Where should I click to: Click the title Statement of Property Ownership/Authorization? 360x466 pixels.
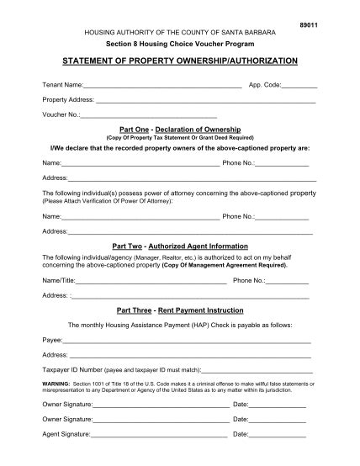179,62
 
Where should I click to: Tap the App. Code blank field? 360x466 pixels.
299,87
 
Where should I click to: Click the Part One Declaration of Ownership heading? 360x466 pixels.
181,130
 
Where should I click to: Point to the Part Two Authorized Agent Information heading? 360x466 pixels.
181,246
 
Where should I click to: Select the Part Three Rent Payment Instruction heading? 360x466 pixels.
181,310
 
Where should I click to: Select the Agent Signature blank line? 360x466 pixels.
159,435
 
